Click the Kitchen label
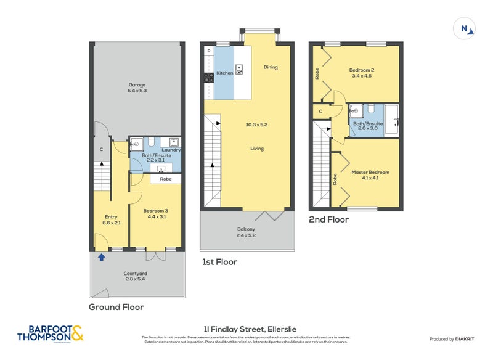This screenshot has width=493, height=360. click(x=224, y=73)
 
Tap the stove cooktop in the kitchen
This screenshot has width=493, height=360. click(x=209, y=77)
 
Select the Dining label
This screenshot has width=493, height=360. click(x=271, y=67)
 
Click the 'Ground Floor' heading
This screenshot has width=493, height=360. click(x=116, y=307)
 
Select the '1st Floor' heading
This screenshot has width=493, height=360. click(x=220, y=262)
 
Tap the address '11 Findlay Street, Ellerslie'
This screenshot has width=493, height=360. click(x=246, y=329)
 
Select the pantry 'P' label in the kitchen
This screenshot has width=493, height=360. click(x=209, y=51)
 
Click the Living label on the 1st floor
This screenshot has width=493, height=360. click(x=257, y=149)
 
